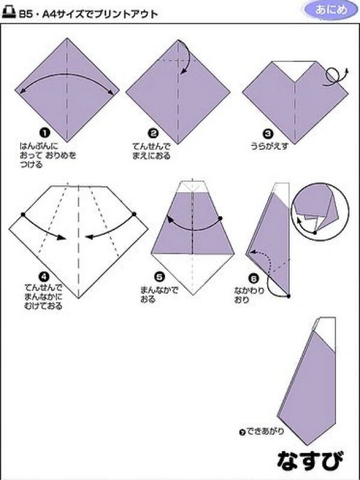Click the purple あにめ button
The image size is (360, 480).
(331, 10)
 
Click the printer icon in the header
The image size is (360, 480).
(9, 13)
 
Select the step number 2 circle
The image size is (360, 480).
(153, 133)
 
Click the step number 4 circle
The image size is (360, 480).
(44, 277)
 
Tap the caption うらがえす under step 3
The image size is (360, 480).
(270, 145)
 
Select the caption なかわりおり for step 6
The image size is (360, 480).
(249, 295)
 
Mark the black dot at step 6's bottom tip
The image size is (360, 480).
(289, 296)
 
